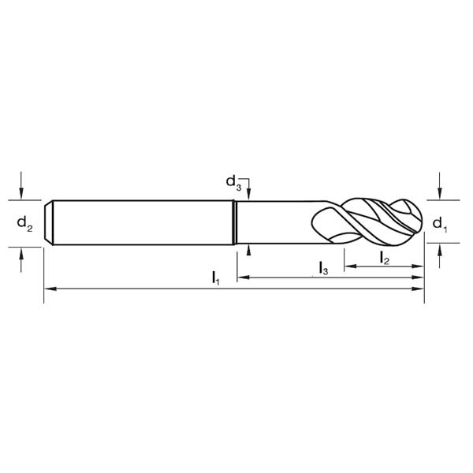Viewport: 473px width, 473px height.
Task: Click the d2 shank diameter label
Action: coord(24,224)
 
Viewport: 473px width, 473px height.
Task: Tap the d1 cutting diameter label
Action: coord(440,224)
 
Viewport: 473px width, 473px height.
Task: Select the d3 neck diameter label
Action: coord(233,183)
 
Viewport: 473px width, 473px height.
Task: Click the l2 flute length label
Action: coord(383,257)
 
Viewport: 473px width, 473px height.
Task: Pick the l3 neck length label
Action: coord(323,268)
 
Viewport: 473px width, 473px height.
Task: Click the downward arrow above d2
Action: coord(22,193)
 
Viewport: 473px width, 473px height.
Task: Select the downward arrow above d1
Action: coord(440,193)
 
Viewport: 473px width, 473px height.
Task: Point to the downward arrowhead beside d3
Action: coord(249,196)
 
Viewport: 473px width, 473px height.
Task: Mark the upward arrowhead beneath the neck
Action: coord(249,250)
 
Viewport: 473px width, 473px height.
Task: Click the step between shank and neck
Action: coord(236,223)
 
